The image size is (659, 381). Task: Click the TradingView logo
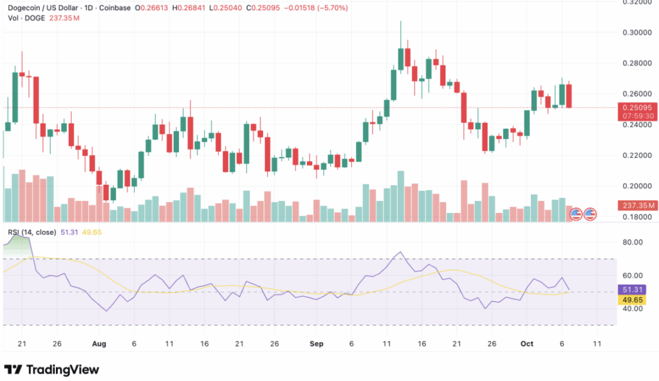coord(51,369)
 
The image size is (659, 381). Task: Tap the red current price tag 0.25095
coord(636,107)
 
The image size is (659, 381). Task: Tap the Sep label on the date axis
coord(316,344)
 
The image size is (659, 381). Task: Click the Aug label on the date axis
coord(99,344)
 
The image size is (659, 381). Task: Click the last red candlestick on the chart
coord(570,95)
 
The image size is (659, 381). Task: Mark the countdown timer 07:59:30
coord(636,116)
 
